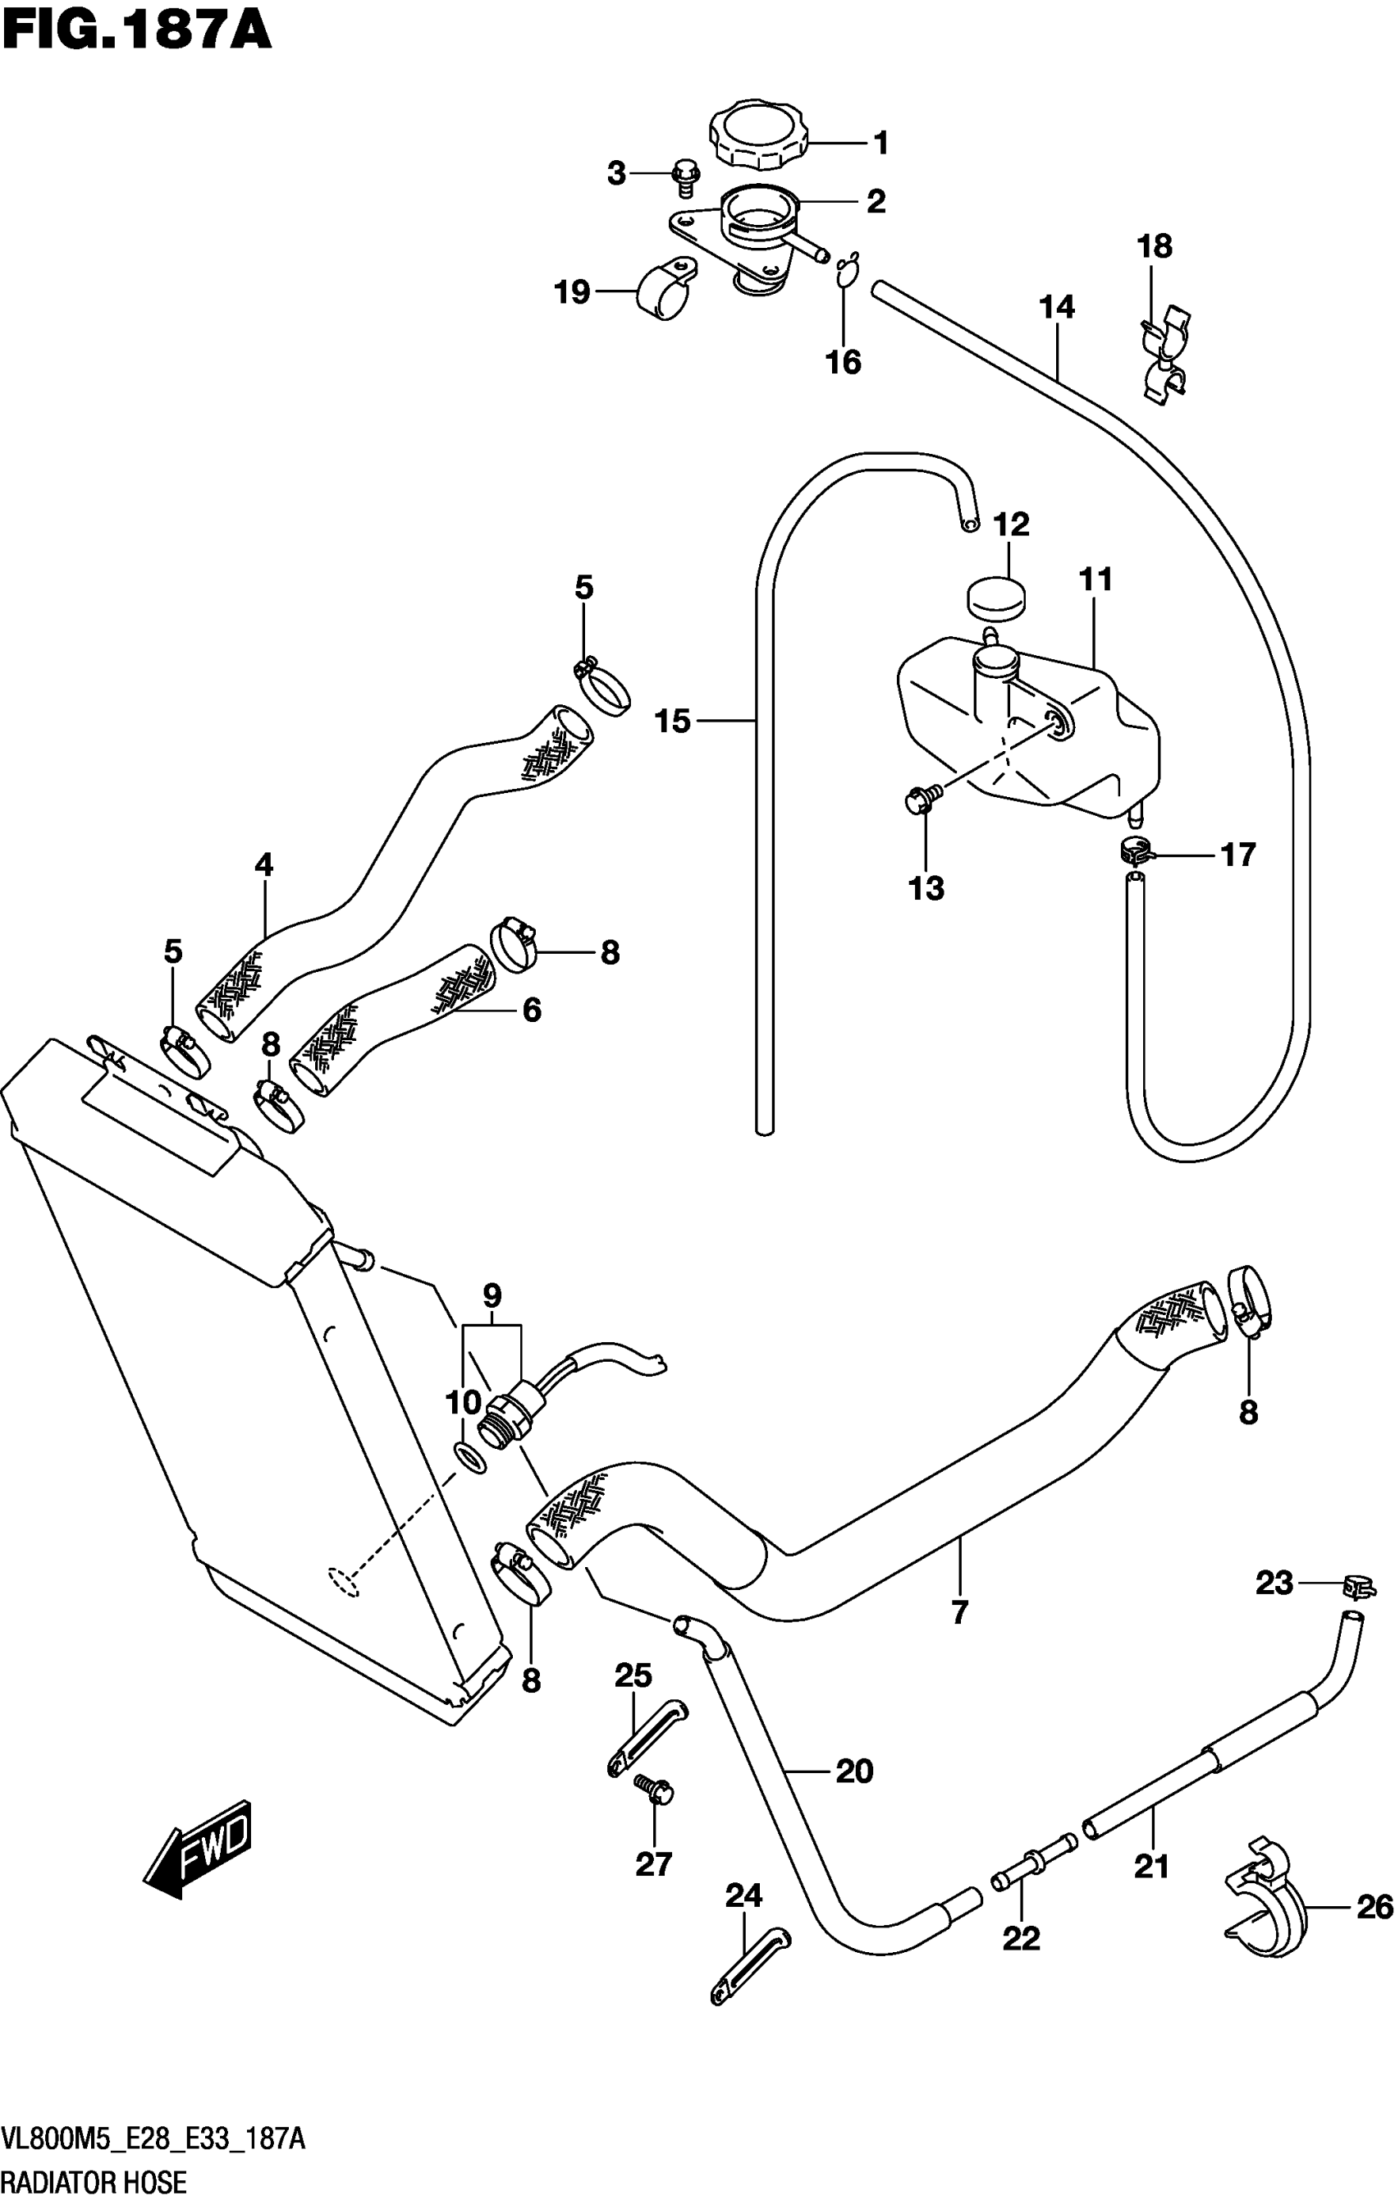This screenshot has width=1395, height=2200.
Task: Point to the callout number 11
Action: pos(1095,580)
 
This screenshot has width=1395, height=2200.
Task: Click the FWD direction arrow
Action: pos(197,1849)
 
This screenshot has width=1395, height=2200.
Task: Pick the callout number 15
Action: pos(673,722)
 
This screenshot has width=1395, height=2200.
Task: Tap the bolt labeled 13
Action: pos(921,800)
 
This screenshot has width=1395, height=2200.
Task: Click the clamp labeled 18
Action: pos(1163,356)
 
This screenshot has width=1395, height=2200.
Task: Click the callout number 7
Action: pos(958,1613)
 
